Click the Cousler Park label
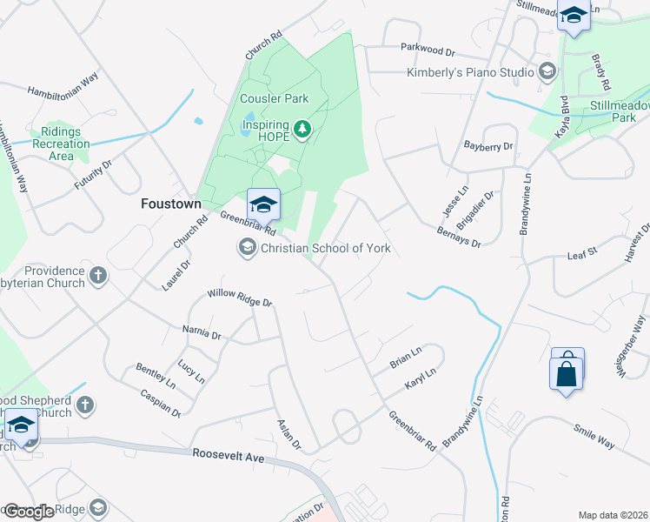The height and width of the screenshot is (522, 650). [x=275, y=98]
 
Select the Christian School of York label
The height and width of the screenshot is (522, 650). [x=326, y=249]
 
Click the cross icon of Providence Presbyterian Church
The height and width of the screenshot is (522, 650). [x=98, y=276]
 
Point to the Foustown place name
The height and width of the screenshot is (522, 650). [x=171, y=204]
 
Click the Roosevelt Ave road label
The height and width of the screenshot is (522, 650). [x=228, y=455]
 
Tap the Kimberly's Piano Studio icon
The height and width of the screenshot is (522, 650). [x=547, y=72]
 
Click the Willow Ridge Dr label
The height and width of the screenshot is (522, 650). [x=240, y=298]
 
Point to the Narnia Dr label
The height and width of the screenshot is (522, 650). [x=202, y=331]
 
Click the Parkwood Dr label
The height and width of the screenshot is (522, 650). [x=428, y=52]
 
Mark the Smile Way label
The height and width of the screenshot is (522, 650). [x=594, y=437]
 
